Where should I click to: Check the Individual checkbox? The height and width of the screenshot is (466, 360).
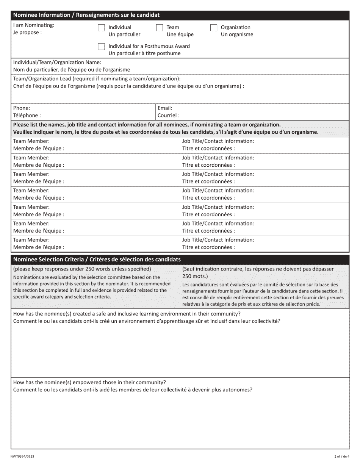tap(101, 28)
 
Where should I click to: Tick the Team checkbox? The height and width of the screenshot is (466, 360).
tap(160, 28)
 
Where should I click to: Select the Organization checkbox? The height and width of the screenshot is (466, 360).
tap(214, 28)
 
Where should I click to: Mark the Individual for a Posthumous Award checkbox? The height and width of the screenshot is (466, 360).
tap(101, 47)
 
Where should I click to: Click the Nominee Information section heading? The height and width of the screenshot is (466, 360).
tap(86, 15)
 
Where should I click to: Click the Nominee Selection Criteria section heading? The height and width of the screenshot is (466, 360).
tap(97, 260)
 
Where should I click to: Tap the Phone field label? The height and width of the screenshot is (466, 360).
tap(22, 108)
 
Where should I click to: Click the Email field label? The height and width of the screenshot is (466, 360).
tap(165, 108)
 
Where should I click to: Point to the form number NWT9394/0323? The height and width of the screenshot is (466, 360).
tap(22, 457)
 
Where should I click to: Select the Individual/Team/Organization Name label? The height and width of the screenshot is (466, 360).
tap(57, 62)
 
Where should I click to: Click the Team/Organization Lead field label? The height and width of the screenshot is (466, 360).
tap(97, 79)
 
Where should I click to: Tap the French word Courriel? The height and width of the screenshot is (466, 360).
tap(168, 116)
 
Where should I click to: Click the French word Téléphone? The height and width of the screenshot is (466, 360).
tap(27, 116)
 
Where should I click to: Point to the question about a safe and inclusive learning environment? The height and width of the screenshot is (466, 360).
tap(127, 314)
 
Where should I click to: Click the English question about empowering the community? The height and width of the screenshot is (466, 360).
tap(89, 382)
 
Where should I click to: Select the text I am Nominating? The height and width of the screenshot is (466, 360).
tap(34, 25)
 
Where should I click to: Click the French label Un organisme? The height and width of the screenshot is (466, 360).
tap(237, 34)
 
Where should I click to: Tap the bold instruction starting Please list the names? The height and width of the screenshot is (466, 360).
tap(147, 125)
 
